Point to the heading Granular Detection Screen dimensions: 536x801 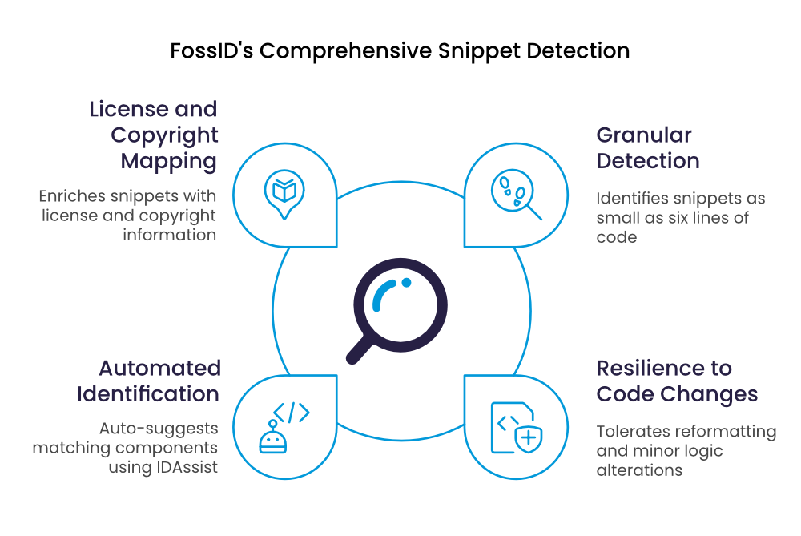[647, 147]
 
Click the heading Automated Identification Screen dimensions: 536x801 [149, 381]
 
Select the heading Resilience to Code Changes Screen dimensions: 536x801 [677, 381]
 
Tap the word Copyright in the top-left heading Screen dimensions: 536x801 [164, 135]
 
